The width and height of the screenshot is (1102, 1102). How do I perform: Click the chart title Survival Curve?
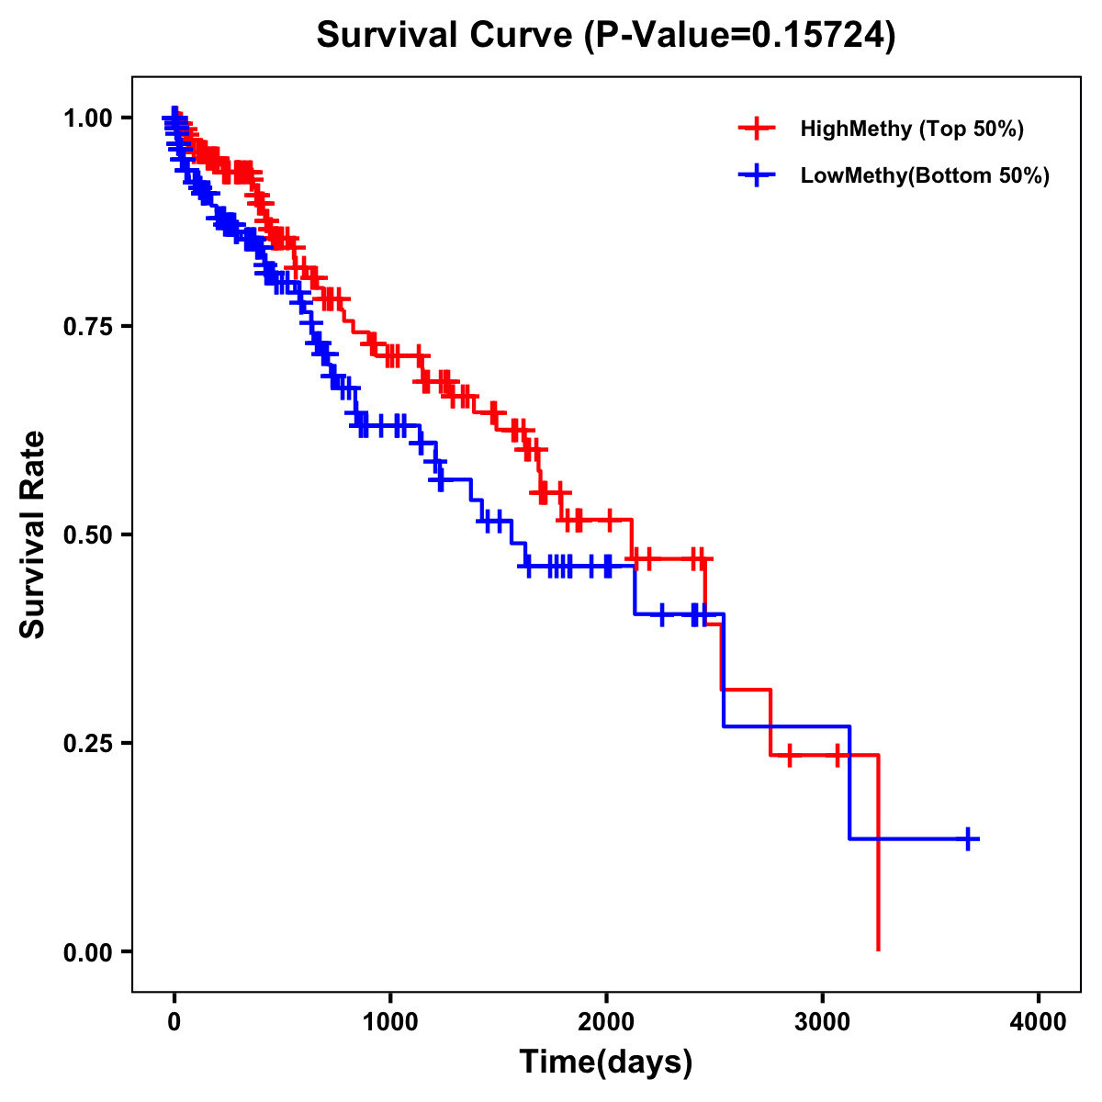[x=446, y=36]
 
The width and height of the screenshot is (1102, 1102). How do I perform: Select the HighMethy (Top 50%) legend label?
[x=911, y=129]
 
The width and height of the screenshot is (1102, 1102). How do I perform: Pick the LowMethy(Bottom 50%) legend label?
[x=924, y=175]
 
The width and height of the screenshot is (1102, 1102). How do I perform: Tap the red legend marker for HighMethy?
[x=757, y=129]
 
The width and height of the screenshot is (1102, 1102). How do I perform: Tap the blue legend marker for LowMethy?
[x=757, y=175]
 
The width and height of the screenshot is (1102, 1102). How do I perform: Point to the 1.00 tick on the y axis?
[x=87, y=118]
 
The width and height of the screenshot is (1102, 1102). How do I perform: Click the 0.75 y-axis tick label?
[x=87, y=326]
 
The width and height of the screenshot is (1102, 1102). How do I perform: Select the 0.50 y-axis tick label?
[x=87, y=534]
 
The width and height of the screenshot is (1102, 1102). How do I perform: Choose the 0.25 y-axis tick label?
[x=87, y=743]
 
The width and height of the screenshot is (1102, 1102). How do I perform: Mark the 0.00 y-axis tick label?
[x=87, y=951]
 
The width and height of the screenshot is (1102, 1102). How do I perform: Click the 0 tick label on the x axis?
[x=174, y=1021]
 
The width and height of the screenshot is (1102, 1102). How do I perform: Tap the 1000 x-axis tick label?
[x=390, y=1021]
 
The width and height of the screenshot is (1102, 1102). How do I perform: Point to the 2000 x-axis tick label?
[x=606, y=1021]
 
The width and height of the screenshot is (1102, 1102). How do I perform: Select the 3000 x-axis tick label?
[x=823, y=1021]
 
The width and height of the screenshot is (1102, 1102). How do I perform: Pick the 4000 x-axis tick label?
[x=1039, y=1021]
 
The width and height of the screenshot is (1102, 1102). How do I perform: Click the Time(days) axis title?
[x=606, y=1063]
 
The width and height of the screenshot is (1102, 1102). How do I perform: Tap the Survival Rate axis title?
[x=33, y=534]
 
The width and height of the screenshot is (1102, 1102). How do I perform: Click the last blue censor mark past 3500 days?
[x=968, y=838]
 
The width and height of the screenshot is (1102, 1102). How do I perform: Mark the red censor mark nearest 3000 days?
[x=837, y=755]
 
